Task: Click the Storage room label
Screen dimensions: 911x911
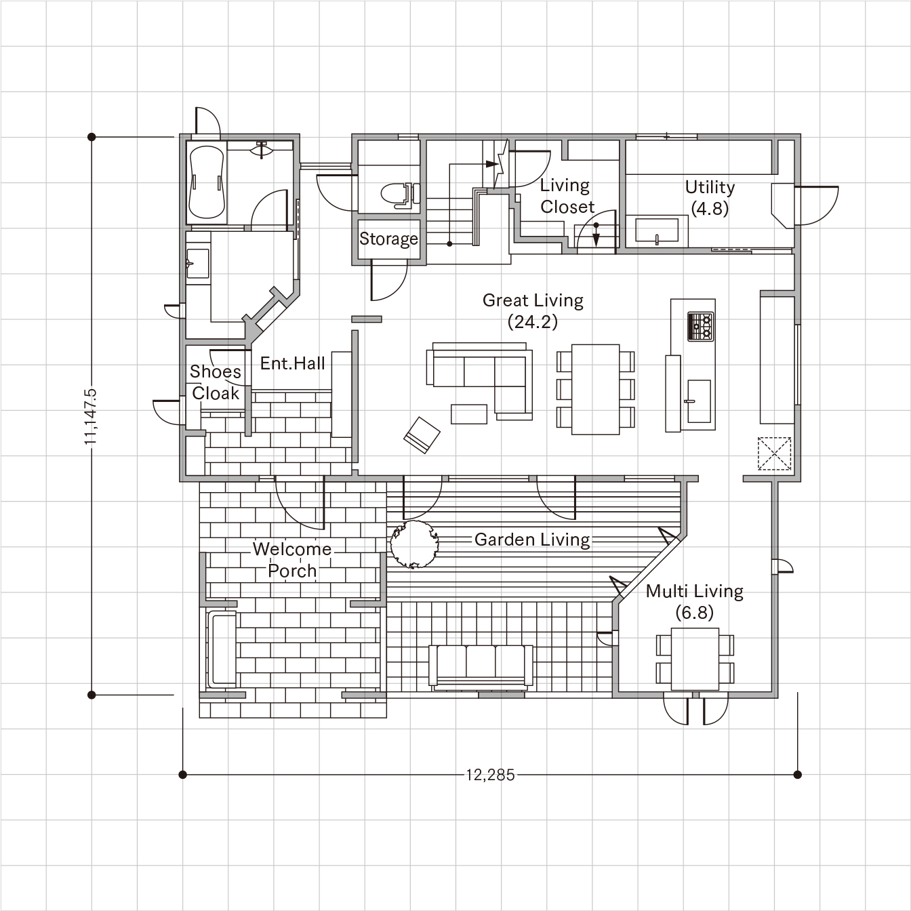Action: click(x=388, y=239)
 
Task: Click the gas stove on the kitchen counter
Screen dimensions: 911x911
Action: click(x=700, y=326)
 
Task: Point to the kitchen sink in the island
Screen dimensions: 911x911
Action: click(x=698, y=401)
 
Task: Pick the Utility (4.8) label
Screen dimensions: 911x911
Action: click(x=710, y=198)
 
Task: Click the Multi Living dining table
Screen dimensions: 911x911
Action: click(x=695, y=659)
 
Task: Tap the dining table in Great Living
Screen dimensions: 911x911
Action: click(x=595, y=389)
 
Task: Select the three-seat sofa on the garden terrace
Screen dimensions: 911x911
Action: click(x=481, y=665)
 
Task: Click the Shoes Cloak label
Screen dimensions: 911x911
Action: click(x=216, y=382)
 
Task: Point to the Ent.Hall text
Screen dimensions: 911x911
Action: click(x=293, y=363)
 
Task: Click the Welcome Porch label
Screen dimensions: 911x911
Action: click(x=292, y=560)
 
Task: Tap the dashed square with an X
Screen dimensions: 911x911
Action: click(x=774, y=453)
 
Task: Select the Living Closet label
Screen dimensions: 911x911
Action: click(x=567, y=196)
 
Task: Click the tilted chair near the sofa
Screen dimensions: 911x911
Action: click(x=422, y=435)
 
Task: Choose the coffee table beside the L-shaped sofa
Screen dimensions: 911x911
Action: click(x=469, y=413)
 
